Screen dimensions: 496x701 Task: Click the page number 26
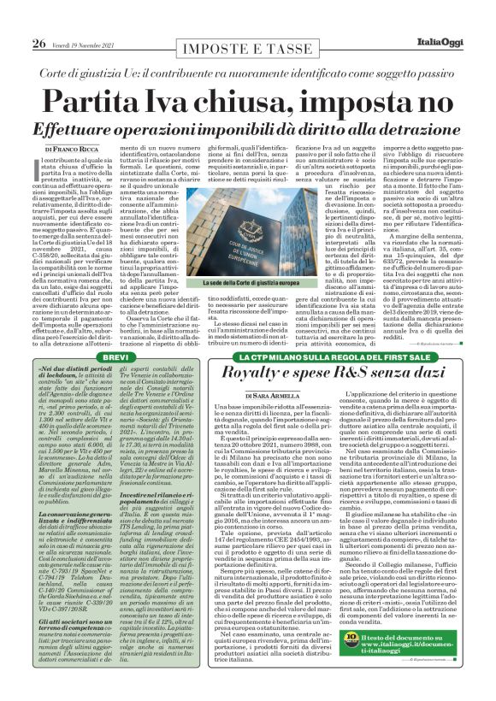(15, 21)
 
